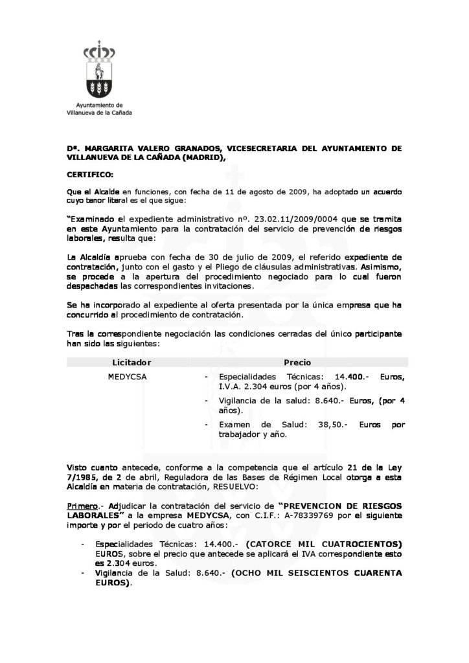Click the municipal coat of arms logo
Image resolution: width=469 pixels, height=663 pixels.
(x=99, y=73)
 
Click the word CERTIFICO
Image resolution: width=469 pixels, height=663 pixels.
(x=90, y=175)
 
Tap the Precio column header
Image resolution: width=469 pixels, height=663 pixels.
(x=297, y=363)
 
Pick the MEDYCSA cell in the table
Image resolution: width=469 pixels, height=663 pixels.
(x=127, y=376)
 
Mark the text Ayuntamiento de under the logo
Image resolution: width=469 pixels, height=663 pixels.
(x=99, y=105)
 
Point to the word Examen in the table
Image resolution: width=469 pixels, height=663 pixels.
(x=234, y=425)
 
